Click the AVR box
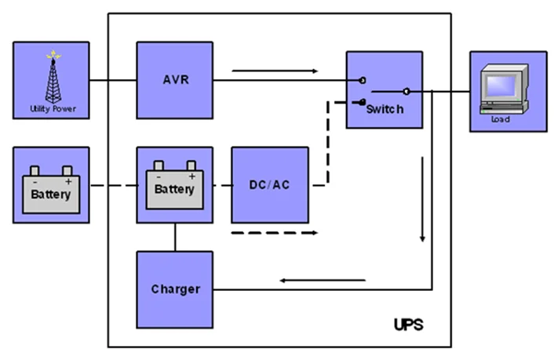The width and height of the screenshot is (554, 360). pos(174,80)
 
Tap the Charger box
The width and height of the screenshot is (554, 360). pos(174,289)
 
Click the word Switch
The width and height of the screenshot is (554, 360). pos(385,109)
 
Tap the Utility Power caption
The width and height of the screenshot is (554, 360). pos(52,105)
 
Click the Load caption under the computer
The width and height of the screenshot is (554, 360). pos(500,119)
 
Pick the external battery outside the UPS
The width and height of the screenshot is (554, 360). pos(51,187)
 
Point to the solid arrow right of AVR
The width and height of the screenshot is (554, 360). pos(275,71)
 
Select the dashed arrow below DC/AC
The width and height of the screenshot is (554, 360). pos(275,233)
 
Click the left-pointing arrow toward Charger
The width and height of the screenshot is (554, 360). pos(323,280)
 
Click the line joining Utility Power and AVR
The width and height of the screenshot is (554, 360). pos(113,80)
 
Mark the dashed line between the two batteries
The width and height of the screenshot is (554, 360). pos(113,186)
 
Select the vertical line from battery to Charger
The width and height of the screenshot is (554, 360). pos(174,237)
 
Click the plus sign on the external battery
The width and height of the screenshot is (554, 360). pos(68,181)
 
